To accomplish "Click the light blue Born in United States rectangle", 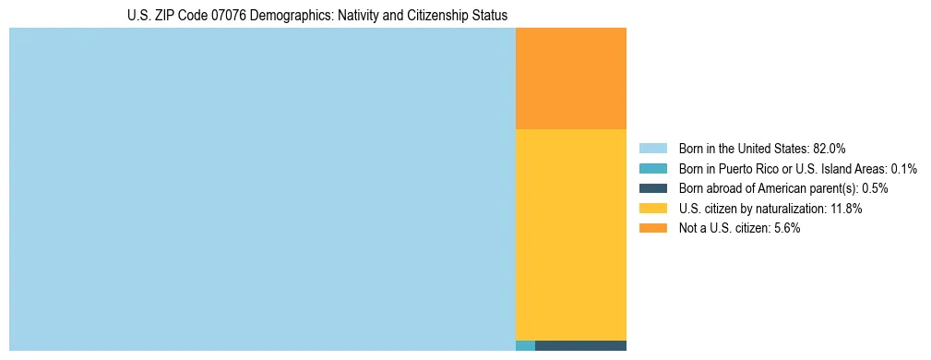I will point(262,189).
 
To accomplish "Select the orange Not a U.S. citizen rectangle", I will point(570,78).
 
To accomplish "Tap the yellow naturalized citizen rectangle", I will point(570,234).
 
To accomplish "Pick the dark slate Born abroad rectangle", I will point(580,346).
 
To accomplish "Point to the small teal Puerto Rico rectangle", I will point(525,346).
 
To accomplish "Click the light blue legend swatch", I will point(652,149).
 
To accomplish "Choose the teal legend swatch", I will point(652,169).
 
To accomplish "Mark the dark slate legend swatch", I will point(652,188).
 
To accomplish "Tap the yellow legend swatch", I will point(652,209).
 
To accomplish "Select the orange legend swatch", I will point(652,229).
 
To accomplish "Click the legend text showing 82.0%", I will point(829,149).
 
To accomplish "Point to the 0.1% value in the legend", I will point(903,169).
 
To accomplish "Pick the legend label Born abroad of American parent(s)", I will point(768,188).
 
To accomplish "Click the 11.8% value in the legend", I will point(845,209).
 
